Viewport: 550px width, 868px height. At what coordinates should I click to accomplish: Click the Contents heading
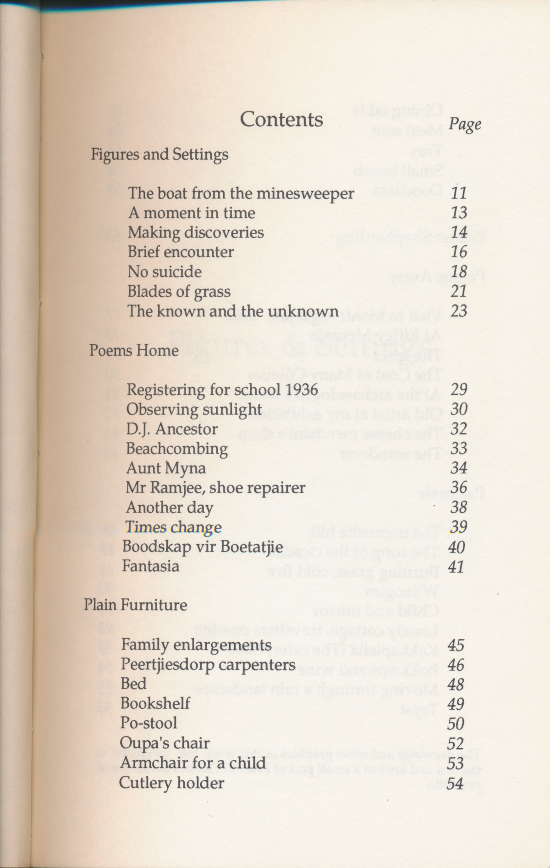(281, 120)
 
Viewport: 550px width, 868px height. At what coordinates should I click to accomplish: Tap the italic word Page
(465, 124)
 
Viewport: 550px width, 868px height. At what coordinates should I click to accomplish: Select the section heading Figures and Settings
(159, 155)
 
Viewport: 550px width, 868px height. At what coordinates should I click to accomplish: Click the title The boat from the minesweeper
(241, 194)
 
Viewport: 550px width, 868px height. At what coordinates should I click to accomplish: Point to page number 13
(459, 213)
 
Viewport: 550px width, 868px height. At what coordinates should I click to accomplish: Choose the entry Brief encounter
(181, 252)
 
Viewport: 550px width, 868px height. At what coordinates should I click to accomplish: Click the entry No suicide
(165, 271)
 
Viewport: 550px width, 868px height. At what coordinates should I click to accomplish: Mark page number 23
(459, 311)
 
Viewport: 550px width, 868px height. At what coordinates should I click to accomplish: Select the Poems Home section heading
(134, 351)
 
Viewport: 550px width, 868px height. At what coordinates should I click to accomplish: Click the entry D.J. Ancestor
(172, 429)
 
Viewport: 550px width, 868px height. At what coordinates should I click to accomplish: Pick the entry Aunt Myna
(166, 469)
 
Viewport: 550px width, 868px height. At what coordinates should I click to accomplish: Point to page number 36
(458, 487)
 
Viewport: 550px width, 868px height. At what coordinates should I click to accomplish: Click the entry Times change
(173, 528)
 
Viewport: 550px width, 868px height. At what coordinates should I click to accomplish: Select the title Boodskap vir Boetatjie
(203, 547)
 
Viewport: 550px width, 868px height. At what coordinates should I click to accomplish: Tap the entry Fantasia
(150, 566)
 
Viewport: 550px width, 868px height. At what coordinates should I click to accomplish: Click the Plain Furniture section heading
(136, 605)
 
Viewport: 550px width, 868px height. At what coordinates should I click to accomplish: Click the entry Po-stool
(148, 723)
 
